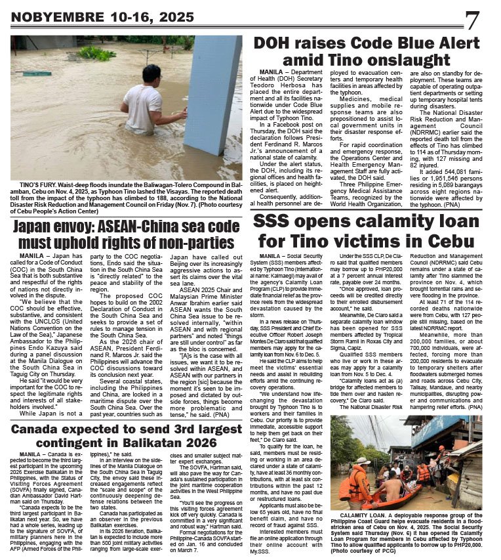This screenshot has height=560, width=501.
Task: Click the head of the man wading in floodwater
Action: (152, 74)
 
